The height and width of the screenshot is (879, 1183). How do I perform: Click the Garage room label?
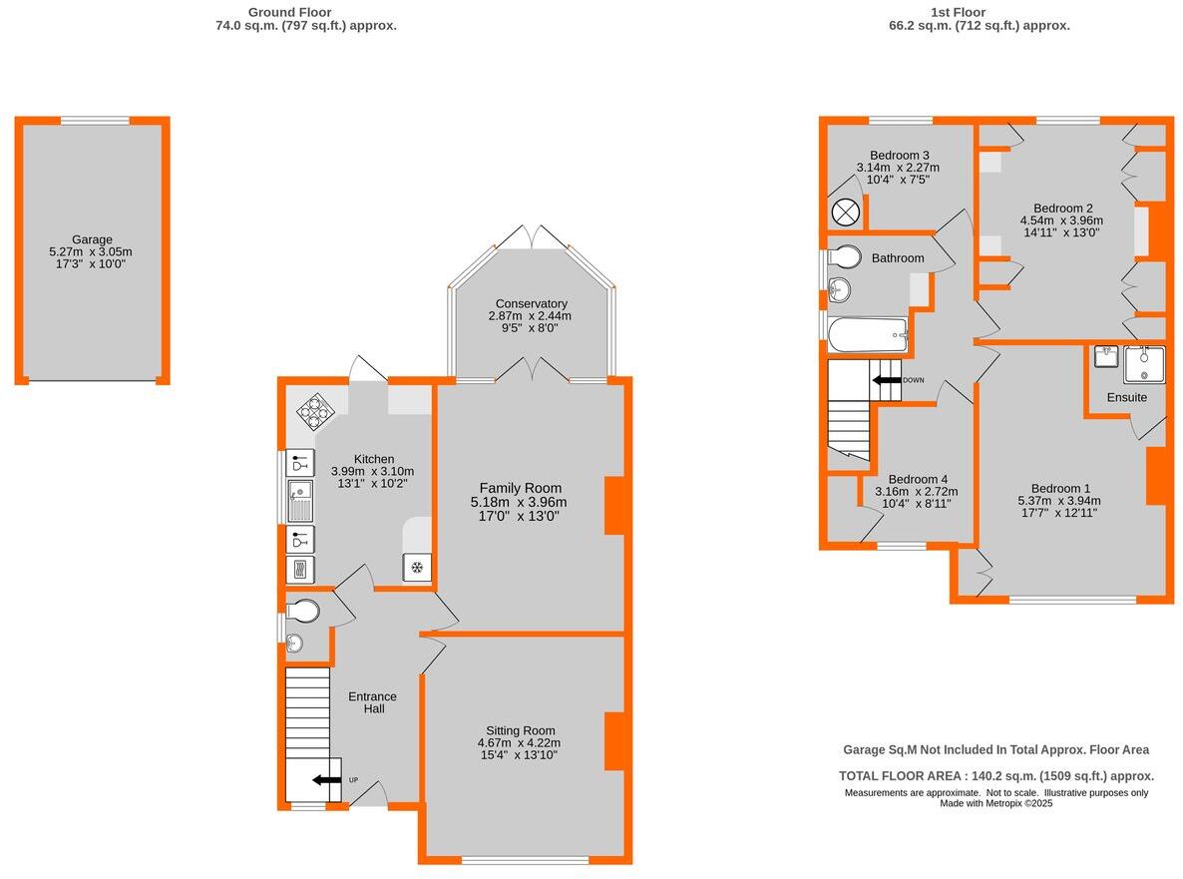(x=92, y=239)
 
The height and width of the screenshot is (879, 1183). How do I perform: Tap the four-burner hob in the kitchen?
(x=316, y=412)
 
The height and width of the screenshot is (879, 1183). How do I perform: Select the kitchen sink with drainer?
(x=300, y=502)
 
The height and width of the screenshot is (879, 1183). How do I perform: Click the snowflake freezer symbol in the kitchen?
(x=417, y=568)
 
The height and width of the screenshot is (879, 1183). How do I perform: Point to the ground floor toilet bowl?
(x=303, y=611)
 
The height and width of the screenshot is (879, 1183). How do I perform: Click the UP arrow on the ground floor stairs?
(x=326, y=781)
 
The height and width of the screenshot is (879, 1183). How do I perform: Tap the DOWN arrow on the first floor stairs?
(x=886, y=380)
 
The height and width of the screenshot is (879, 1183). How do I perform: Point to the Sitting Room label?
(x=521, y=730)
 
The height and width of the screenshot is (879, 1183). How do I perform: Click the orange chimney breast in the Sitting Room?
(x=614, y=741)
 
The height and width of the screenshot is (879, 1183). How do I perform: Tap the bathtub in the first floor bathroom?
(x=868, y=335)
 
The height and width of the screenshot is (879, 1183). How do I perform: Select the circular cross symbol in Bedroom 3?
(x=846, y=213)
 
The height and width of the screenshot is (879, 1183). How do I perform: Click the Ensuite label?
(x=1126, y=397)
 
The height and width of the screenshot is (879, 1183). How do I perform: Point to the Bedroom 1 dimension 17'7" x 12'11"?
(x=1056, y=513)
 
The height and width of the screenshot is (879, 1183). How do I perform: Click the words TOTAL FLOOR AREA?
(x=904, y=775)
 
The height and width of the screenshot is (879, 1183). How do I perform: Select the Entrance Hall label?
(x=373, y=702)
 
